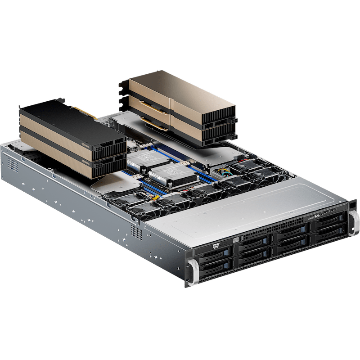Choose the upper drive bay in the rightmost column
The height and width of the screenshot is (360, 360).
[328, 221]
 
